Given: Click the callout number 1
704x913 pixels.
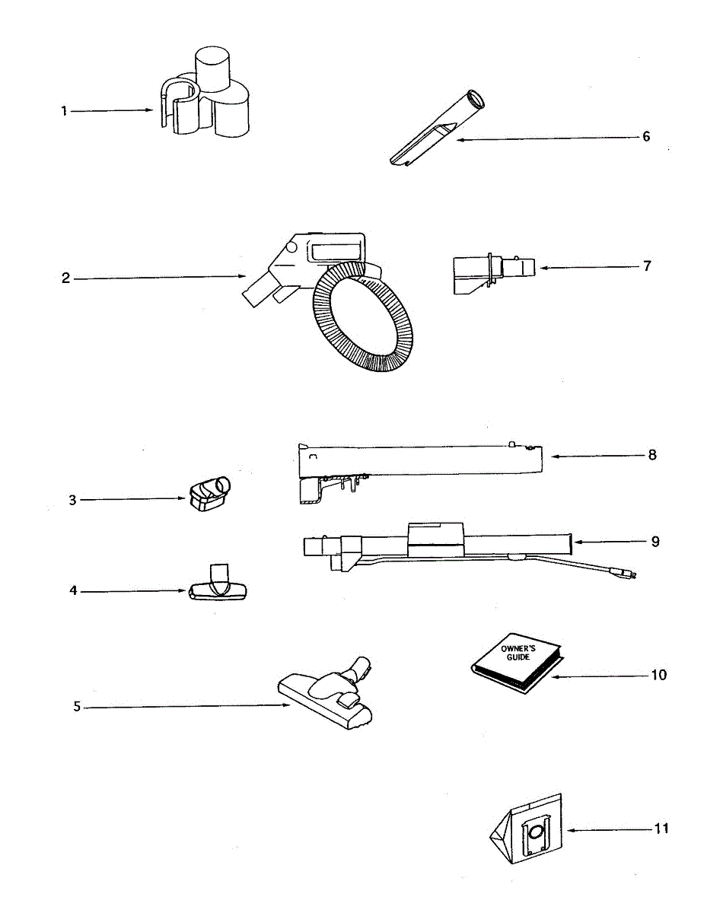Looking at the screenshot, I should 65,111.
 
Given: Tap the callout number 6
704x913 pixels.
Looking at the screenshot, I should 646,137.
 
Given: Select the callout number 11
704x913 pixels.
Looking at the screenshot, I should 661,828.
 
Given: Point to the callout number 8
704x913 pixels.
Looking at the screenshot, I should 652,455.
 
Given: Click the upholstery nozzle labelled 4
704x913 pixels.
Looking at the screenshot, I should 218,587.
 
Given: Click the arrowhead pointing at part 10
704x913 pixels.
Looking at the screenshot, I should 553,676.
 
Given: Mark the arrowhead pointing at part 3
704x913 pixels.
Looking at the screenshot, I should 183,500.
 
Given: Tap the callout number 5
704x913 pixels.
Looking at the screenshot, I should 77,707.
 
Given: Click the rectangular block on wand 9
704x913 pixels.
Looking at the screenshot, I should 435,536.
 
